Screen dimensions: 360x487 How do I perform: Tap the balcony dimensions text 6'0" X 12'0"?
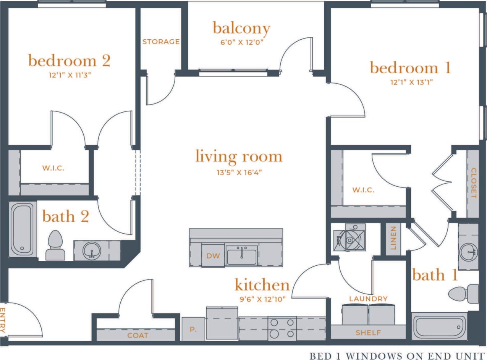click(x=241, y=42)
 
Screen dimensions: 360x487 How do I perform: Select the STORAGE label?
click(x=161, y=42)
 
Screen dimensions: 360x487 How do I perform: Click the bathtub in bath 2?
click(x=21, y=229)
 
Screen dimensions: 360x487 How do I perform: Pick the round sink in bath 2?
click(x=91, y=251)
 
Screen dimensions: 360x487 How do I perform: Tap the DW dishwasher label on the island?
click(x=213, y=256)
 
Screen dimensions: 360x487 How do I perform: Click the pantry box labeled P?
click(x=193, y=329)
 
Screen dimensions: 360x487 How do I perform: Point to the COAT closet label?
click(x=138, y=336)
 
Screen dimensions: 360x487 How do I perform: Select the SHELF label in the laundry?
click(x=368, y=333)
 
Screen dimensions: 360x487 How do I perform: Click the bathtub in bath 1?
click(x=439, y=327)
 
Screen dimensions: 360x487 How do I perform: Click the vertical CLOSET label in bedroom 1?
click(x=473, y=183)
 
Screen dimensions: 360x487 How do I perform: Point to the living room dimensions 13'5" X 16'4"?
click(x=239, y=172)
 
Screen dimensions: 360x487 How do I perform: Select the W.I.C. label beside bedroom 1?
click(x=363, y=190)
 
